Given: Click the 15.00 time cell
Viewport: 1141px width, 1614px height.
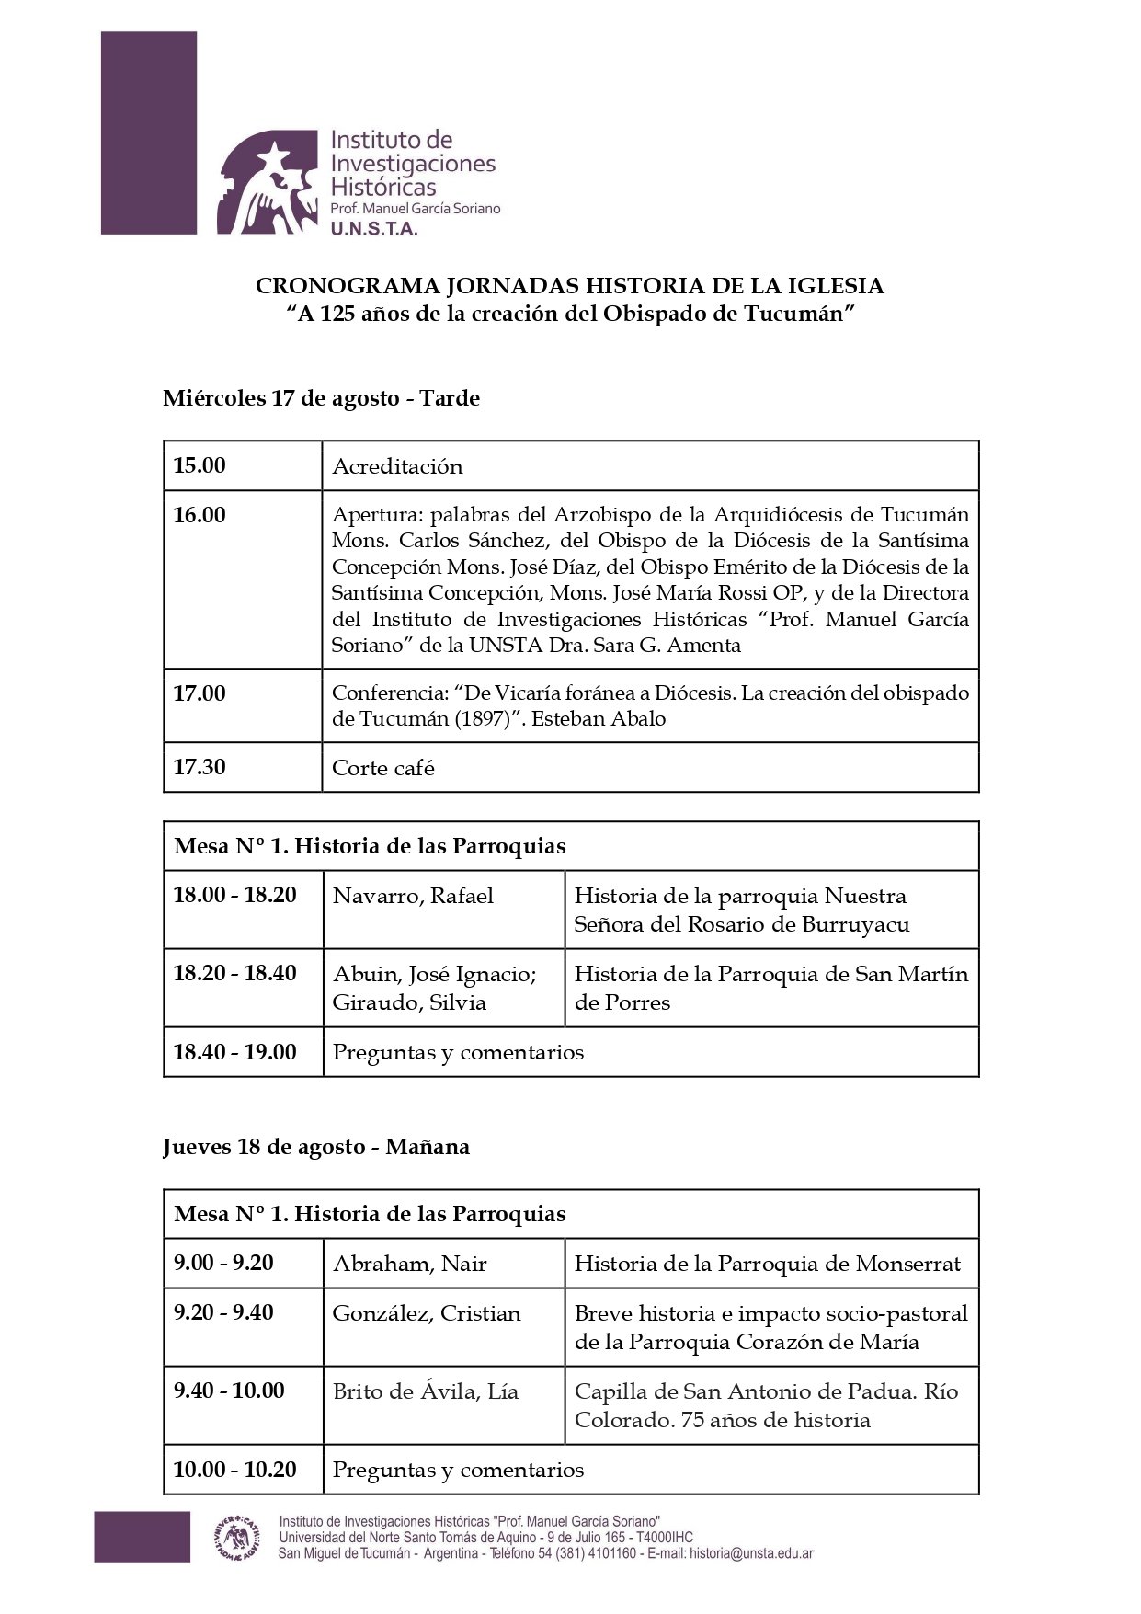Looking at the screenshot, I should [200, 465].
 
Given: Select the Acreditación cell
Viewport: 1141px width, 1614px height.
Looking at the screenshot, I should [397, 466].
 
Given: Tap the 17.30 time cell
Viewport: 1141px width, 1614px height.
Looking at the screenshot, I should [200, 767].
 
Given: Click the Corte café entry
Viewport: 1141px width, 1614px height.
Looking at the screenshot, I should [383, 768].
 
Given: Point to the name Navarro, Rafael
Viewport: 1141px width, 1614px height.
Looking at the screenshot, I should [413, 896].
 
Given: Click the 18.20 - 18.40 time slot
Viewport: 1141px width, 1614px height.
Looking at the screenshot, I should [234, 973].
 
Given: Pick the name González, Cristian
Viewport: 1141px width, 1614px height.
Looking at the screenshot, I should [427, 1313].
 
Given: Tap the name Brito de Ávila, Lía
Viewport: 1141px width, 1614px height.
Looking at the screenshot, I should [426, 1391].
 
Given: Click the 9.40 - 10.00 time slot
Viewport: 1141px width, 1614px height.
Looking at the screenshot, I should [229, 1391].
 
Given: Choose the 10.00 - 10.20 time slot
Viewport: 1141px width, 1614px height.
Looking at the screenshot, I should [234, 1470].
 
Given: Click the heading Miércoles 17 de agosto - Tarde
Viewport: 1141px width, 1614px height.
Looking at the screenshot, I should [321, 398].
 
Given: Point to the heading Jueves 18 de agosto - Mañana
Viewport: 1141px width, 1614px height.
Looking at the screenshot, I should [316, 1147].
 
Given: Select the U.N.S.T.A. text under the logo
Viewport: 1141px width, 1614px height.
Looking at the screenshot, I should [374, 228].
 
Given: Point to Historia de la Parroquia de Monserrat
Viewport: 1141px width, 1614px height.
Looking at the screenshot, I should [767, 1264].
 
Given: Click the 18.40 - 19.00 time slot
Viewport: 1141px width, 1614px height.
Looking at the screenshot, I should [234, 1052].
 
